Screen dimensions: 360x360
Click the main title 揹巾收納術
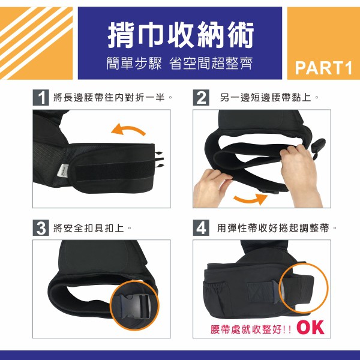click(x=181, y=35)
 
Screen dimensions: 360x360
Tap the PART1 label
click(x=323, y=68)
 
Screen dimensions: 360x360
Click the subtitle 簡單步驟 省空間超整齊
click(x=179, y=63)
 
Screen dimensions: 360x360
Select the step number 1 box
click(x=41, y=98)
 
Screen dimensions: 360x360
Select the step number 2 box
click(x=201, y=98)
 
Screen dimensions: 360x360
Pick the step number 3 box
click(x=41, y=228)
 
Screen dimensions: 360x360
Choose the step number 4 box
click(x=201, y=228)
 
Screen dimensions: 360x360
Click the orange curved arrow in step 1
click(x=128, y=128)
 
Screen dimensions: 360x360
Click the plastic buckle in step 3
click(x=135, y=306)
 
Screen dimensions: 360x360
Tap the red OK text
click(x=310, y=328)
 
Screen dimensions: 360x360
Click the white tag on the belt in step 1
click(x=62, y=171)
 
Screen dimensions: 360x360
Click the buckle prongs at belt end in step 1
click(x=160, y=159)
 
